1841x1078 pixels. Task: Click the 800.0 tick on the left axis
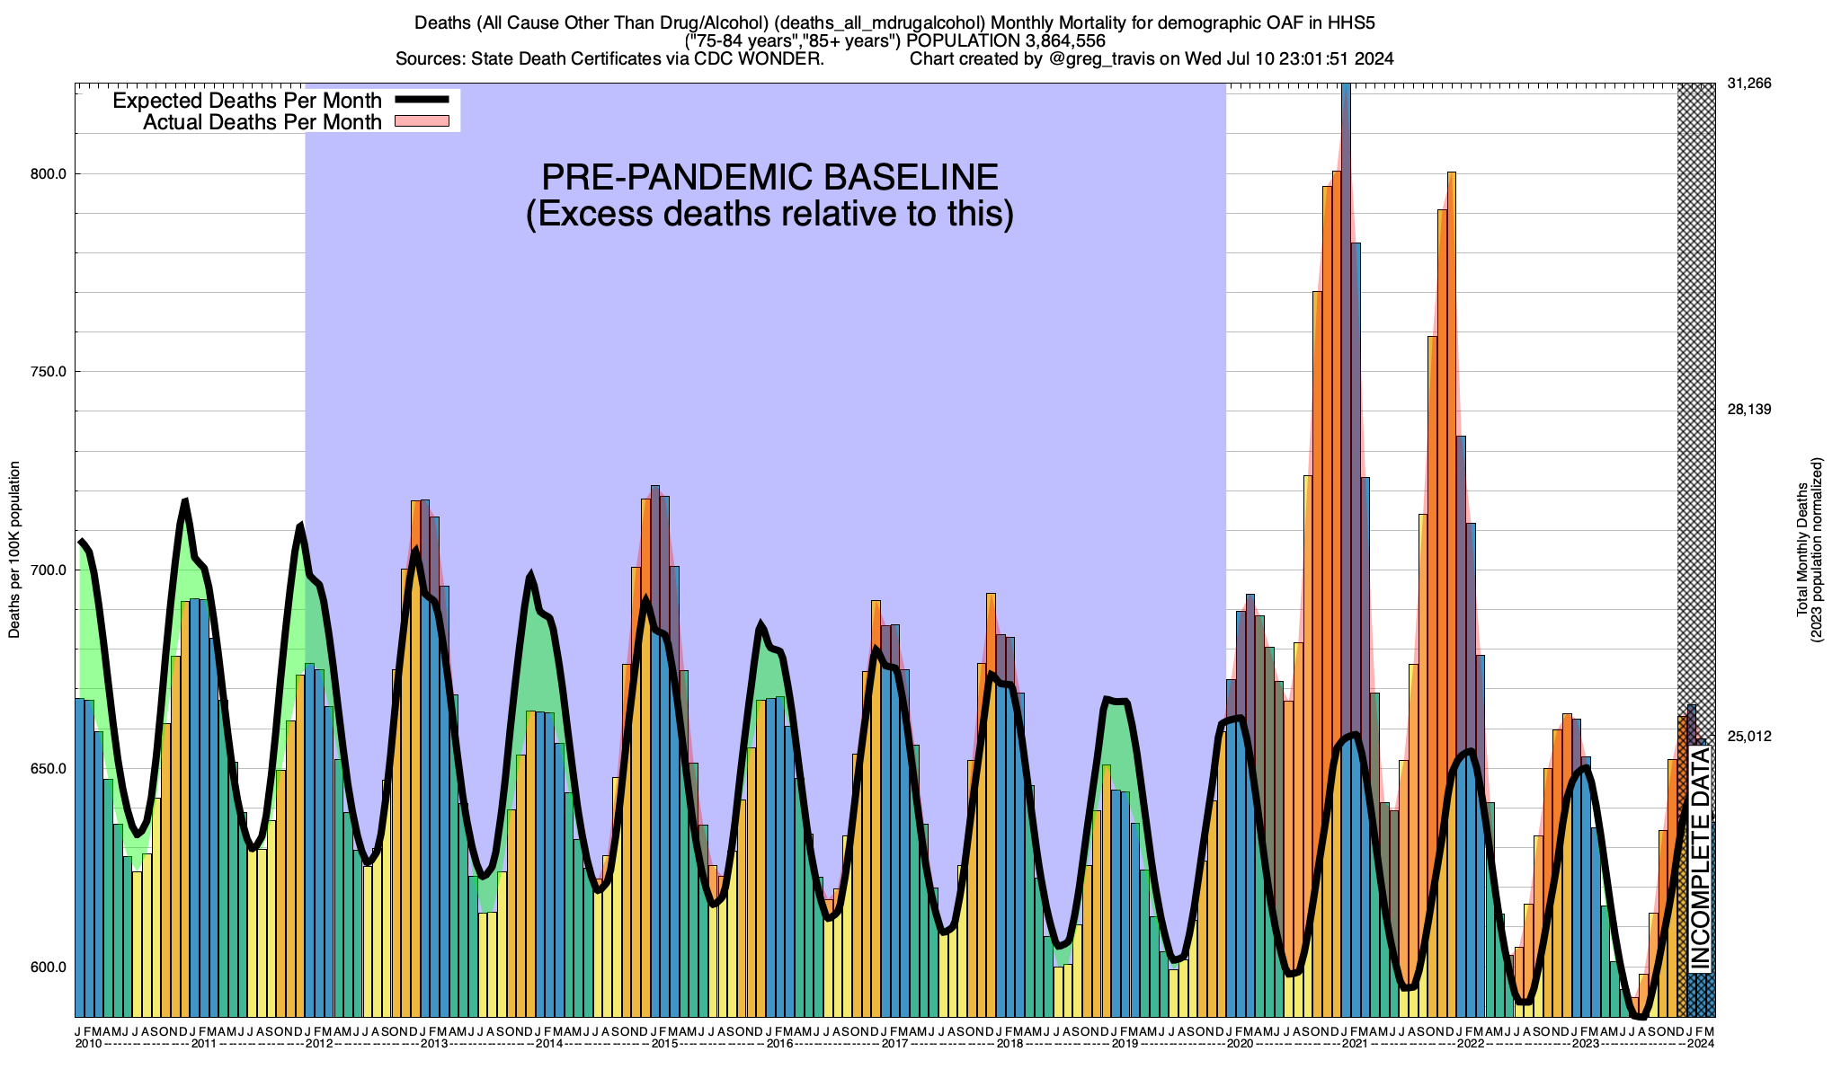(49, 174)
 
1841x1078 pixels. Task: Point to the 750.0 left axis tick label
(49, 372)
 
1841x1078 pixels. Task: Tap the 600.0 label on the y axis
(49, 968)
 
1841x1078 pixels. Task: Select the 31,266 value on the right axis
(1748, 84)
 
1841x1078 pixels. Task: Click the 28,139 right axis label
(1748, 410)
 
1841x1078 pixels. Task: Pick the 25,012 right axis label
(1748, 737)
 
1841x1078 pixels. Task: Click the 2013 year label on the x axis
(434, 1044)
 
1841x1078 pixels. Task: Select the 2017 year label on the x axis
(894, 1044)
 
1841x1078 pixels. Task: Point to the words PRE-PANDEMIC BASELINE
(769, 177)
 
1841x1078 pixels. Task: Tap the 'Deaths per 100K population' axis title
(14, 550)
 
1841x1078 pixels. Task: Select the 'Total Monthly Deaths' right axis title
(1801, 550)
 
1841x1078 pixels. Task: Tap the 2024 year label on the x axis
(1700, 1044)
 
